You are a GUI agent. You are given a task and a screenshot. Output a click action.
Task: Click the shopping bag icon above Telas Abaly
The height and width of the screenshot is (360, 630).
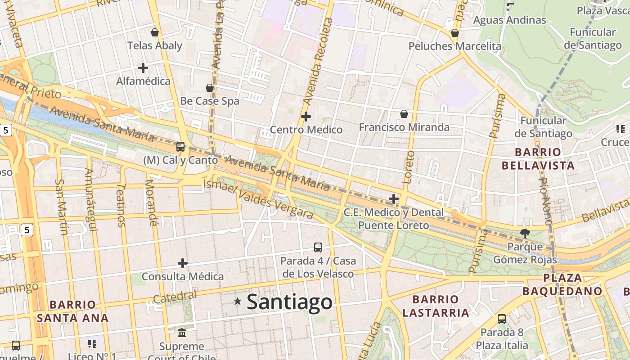[x=155, y=32]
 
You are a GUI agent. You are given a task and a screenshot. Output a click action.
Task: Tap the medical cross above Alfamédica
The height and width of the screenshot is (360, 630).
[x=143, y=68]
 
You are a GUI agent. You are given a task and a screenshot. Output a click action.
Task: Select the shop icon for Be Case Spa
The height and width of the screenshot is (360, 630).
[x=210, y=87]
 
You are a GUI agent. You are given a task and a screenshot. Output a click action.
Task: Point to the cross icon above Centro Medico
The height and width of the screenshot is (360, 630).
[x=306, y=117]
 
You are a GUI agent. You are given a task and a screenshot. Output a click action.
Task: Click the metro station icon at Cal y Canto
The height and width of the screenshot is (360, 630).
[x=180, y=146]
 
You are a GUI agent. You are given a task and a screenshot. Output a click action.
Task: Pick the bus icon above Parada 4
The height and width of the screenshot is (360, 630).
[x=318, y=247]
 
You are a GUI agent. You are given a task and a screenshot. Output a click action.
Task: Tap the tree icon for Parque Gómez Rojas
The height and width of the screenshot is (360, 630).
[x=525, y=233]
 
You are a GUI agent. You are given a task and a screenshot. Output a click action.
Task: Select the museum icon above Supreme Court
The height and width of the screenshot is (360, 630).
[x=182, y=333]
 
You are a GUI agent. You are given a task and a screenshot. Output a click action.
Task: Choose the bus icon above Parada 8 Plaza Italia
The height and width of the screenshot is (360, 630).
[x=502, y=319]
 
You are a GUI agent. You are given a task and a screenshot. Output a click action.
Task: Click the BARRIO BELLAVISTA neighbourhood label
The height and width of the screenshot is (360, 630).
[x=538, y=158]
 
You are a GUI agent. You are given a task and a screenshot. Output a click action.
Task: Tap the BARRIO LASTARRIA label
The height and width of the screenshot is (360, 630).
[x=436, y=306]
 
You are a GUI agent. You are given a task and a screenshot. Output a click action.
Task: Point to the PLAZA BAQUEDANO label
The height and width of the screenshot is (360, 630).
[x=562, y=284]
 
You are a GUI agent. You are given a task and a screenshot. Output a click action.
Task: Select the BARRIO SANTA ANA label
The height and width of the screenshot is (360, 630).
[x=72, y=311]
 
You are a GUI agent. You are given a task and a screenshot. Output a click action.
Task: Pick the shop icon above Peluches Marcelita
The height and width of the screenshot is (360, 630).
[x=455, y=33]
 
